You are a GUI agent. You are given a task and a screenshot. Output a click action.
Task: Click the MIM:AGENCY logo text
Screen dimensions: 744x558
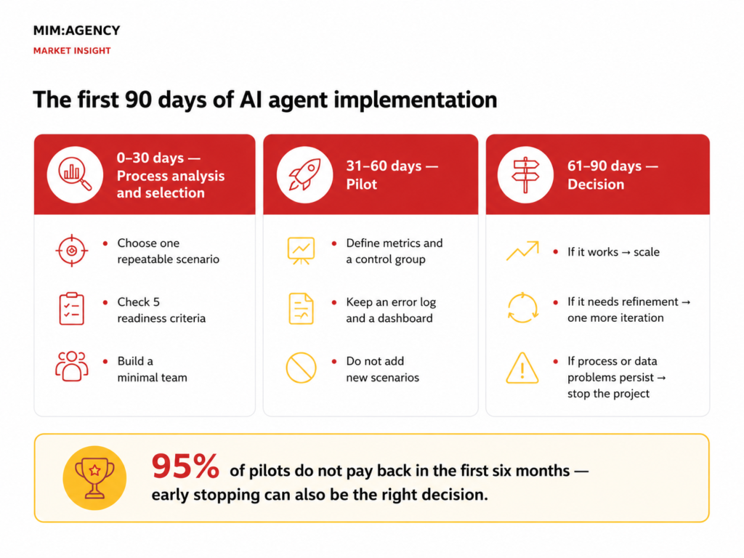point(76,31)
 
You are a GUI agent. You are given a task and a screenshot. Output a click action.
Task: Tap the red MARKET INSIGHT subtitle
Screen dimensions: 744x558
point(72,51)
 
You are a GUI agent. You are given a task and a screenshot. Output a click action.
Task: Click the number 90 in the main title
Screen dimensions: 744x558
point(138,100)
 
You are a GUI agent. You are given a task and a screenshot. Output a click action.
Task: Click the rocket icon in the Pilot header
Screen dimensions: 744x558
point(304,174)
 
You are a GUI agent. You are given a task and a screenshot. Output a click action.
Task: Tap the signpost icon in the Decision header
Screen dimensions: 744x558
point(525,174)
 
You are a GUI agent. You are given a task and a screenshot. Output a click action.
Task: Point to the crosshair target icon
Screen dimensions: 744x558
point(72,251)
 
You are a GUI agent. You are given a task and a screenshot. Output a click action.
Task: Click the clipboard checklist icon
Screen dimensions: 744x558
point(72,309)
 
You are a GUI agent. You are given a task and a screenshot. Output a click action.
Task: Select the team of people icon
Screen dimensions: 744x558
point(72,366)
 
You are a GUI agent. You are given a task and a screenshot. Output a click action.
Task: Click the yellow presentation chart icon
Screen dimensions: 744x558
point(301,251)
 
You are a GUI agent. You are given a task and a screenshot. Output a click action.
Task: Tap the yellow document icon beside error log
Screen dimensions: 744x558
point(301,309)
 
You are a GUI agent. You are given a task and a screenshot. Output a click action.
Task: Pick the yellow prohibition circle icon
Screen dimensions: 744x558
point(301,368)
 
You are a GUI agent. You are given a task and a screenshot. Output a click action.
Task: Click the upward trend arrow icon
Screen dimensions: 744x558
point(522,251)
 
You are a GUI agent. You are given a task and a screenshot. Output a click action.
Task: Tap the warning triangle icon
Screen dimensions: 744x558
point(522,368)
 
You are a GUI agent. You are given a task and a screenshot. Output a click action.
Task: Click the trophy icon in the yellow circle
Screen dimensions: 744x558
point(95,478)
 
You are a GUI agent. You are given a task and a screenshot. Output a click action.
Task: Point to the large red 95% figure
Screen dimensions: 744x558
point(185,466)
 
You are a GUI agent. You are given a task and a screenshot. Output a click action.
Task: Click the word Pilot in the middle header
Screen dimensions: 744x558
point(362,184)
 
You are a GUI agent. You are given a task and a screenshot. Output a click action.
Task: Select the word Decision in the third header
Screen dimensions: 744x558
point(596,184)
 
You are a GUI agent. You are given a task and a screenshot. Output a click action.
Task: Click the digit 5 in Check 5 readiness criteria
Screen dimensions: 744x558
point(156,302)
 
